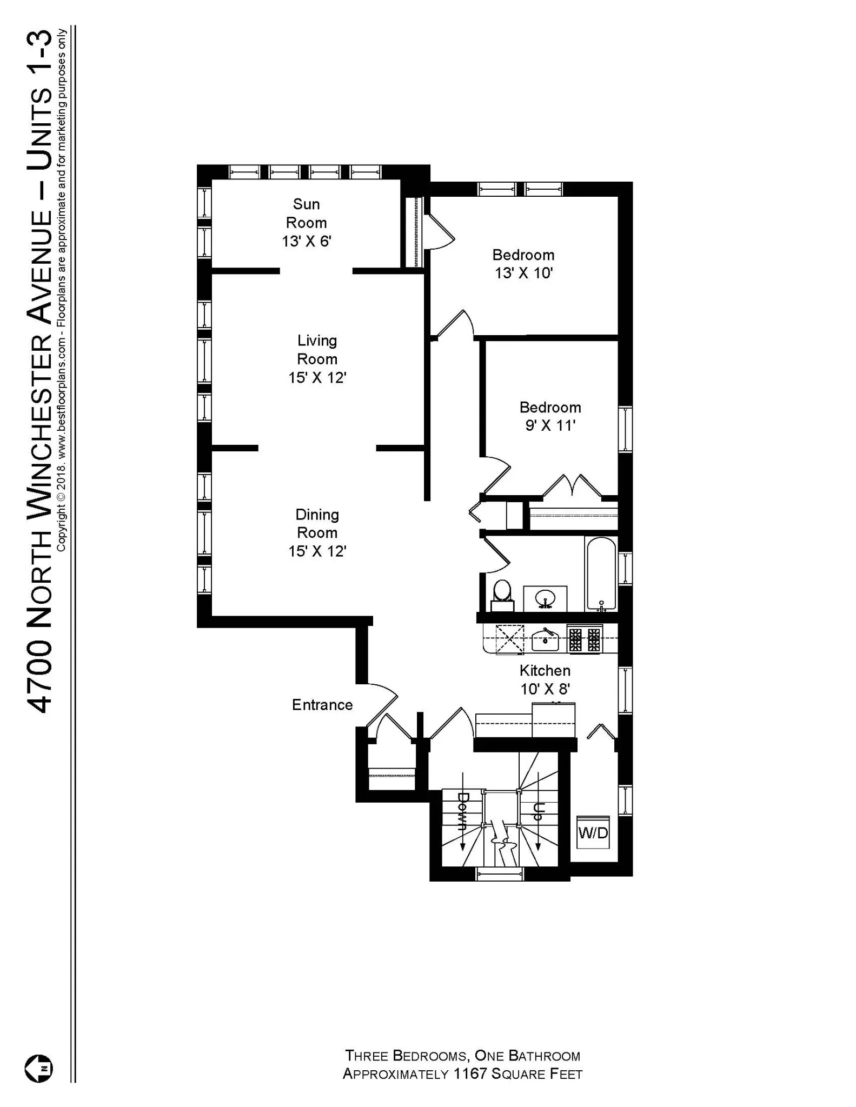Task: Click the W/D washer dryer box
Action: click(x=593, y=832)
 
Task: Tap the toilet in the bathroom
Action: click(x=502, y=595)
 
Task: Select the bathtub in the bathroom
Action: click(x=601, y=574)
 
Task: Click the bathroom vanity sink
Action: click(x=545, y=599)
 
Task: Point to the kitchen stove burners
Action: click(x=585, y=639)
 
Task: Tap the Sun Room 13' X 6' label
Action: click(x=306, y=223)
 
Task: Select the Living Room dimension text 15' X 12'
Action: click(x=317, y=378)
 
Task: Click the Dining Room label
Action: click(x=317, y=523)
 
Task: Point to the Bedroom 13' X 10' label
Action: click(x=523, y=264)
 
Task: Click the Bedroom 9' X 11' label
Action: click(x=550, y=416)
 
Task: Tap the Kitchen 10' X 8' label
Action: click(x=545, y=679)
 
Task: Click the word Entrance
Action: click(x=322, y=705)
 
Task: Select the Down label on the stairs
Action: click(x=463, y=811)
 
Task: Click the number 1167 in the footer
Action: click(x=470, y=1074)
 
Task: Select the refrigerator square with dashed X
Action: click(x=510, y=639)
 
